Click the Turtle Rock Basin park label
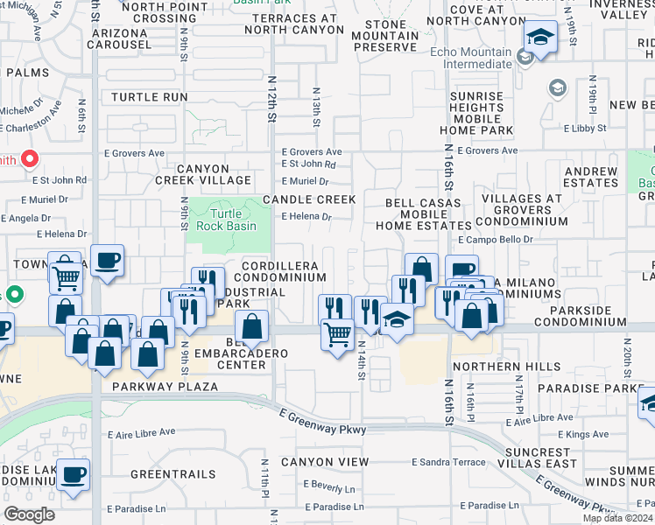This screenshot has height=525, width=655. click(226, 220)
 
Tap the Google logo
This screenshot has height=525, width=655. click(29, 514)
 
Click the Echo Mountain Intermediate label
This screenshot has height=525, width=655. click(470, 58)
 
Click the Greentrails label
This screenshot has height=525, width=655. click(173, 474)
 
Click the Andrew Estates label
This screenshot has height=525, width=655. click(592, 177)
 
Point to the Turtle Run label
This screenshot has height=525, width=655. click(149, 96)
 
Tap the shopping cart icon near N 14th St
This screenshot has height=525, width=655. click(337, 332)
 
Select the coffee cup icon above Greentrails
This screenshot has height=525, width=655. click(74, 473)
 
